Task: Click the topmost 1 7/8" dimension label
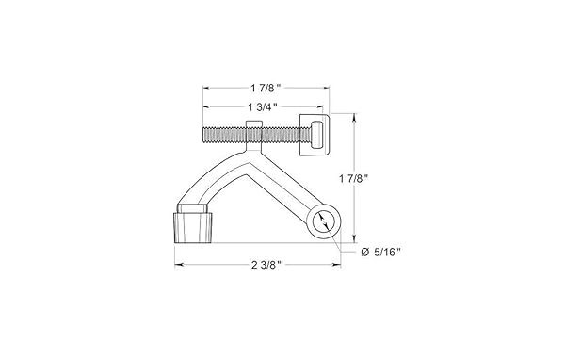tap(266, 88)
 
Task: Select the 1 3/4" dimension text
tap(263, 106)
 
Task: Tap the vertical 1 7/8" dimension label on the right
tap(354, 178)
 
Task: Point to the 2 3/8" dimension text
tap(266, 265)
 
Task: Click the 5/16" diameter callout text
tap(387, 253)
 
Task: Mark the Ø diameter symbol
tap(365, 253)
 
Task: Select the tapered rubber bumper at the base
tap(194, 228)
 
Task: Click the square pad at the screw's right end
tap(315, 135)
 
